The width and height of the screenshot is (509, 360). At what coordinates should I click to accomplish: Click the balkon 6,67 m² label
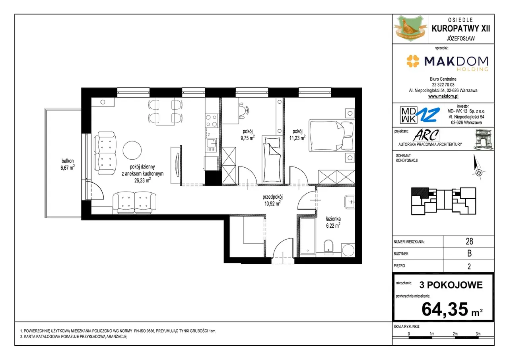[68, 165]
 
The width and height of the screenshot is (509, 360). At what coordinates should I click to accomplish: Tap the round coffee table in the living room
[132, 150]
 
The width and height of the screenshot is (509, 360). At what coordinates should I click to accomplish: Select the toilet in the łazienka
[328, 246]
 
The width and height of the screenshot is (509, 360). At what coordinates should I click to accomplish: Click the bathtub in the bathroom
[308, 236]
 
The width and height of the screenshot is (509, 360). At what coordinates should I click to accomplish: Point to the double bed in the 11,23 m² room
[332, 136]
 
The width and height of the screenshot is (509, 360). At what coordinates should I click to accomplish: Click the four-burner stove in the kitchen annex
[211, 120]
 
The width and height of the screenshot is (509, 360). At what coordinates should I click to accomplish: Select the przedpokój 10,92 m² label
[272, 200]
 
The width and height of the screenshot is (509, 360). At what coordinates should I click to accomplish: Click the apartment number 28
[469, 241]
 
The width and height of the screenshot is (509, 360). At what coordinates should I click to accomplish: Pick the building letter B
[470, 253]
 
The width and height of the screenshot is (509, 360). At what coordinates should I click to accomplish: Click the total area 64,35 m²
[452, 309]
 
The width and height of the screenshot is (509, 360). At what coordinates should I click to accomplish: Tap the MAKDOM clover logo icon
[413, 61]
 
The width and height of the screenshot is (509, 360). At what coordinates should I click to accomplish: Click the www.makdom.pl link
[443, 96]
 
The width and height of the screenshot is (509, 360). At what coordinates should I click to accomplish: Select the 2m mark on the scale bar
[455, 334]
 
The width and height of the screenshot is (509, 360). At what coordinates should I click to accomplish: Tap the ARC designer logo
[426, 135]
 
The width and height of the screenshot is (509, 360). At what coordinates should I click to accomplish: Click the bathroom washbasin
[350, 202]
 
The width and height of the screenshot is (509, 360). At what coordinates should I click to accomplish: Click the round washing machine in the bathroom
[348, 250]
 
